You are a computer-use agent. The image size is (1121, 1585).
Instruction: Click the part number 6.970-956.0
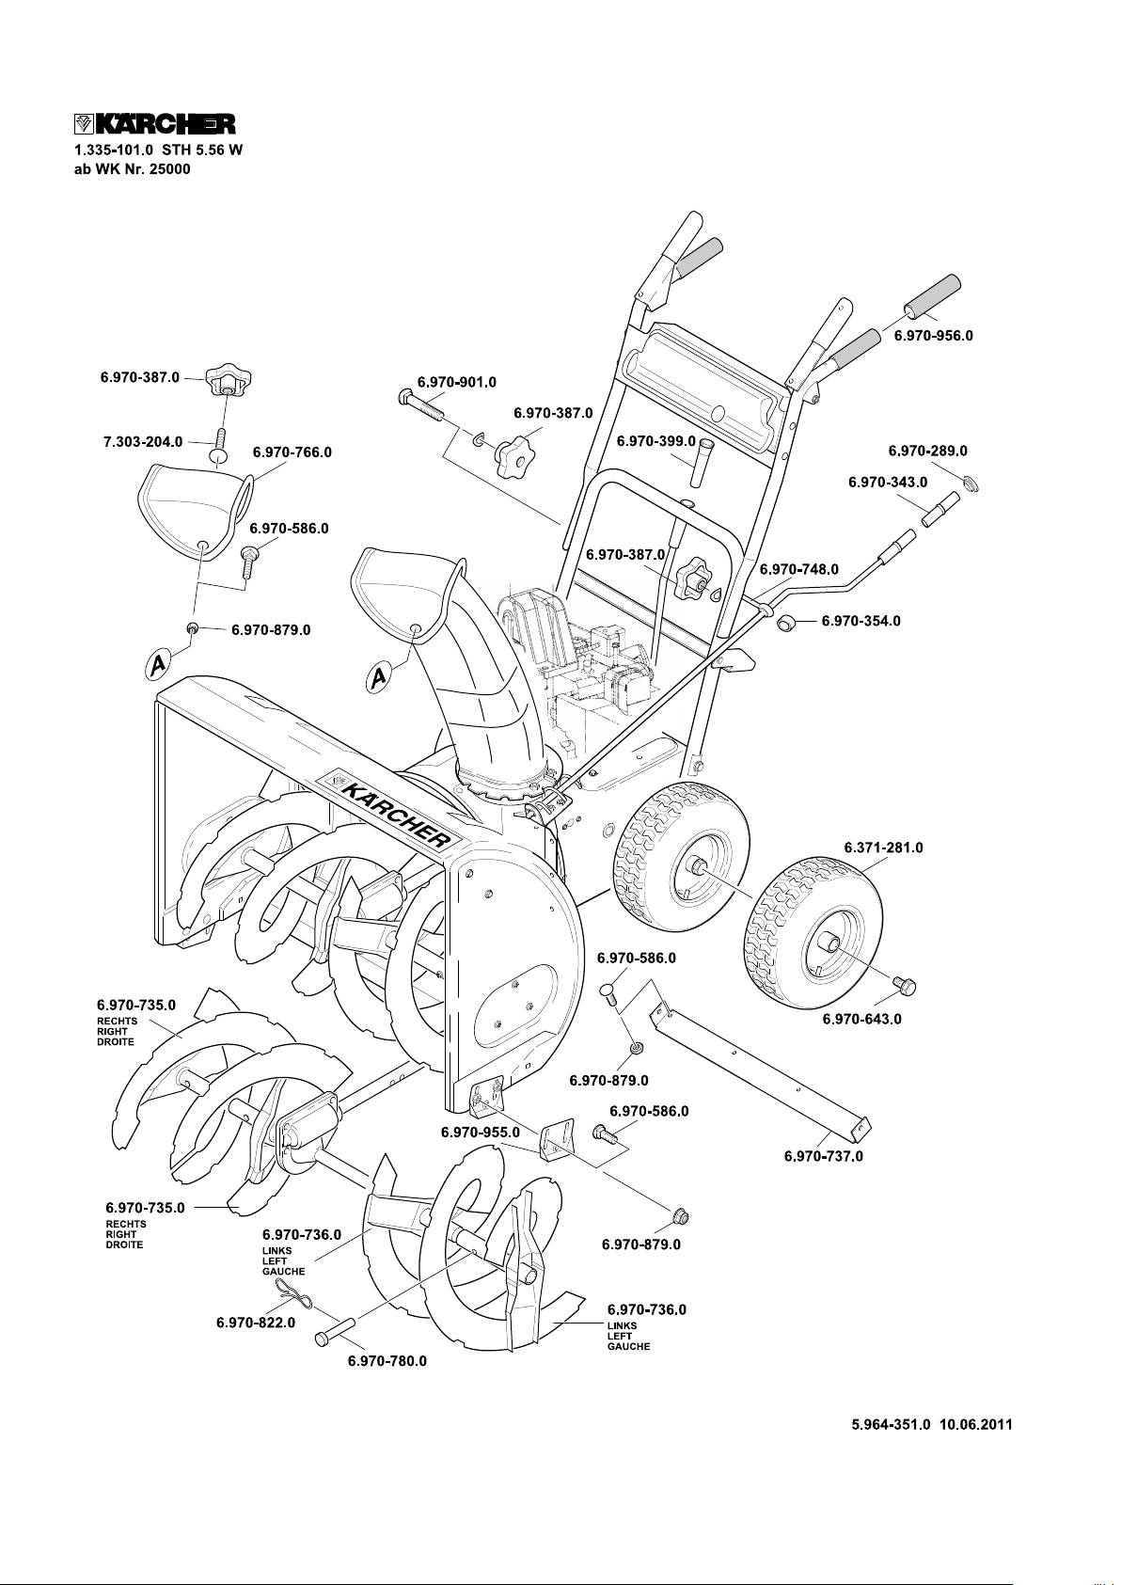point(932,336)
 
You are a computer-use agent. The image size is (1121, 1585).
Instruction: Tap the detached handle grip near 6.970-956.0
point(932,298)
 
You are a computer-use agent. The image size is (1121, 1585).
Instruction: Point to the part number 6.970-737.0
point(823,1156)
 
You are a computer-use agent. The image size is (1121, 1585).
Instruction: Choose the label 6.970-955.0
point(480,1133)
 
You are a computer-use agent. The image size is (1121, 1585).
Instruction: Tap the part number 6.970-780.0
point(387,1361)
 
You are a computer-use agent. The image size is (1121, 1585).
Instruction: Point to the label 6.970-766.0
point(292,452)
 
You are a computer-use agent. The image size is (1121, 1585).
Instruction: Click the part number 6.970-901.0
point(456,382)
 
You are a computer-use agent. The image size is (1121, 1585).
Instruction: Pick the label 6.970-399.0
point(655,441)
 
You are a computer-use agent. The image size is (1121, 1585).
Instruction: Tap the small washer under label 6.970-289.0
point(971,483)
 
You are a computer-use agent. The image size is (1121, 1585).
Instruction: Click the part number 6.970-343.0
point(887,482)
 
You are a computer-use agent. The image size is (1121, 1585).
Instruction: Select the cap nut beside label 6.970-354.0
point(789,622)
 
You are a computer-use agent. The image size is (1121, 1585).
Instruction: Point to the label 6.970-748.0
point(798,569)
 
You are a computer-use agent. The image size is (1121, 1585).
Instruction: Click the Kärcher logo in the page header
point(153,125)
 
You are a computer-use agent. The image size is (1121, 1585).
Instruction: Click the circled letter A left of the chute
point(379,678)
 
